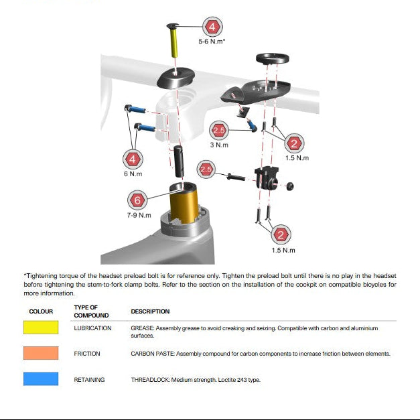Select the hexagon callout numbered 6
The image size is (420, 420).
pos(137,200)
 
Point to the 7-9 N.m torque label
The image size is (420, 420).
pos(139,216)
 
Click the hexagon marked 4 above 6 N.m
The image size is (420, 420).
pos(133,159)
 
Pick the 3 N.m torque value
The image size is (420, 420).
pos(219,145)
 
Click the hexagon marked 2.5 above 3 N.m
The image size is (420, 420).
pos(219,130)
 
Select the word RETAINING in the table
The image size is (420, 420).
pos(89,380)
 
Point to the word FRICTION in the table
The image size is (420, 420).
pos(87,354)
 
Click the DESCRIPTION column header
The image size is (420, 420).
pos(150,311)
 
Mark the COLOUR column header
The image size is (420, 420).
pos(41,311)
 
